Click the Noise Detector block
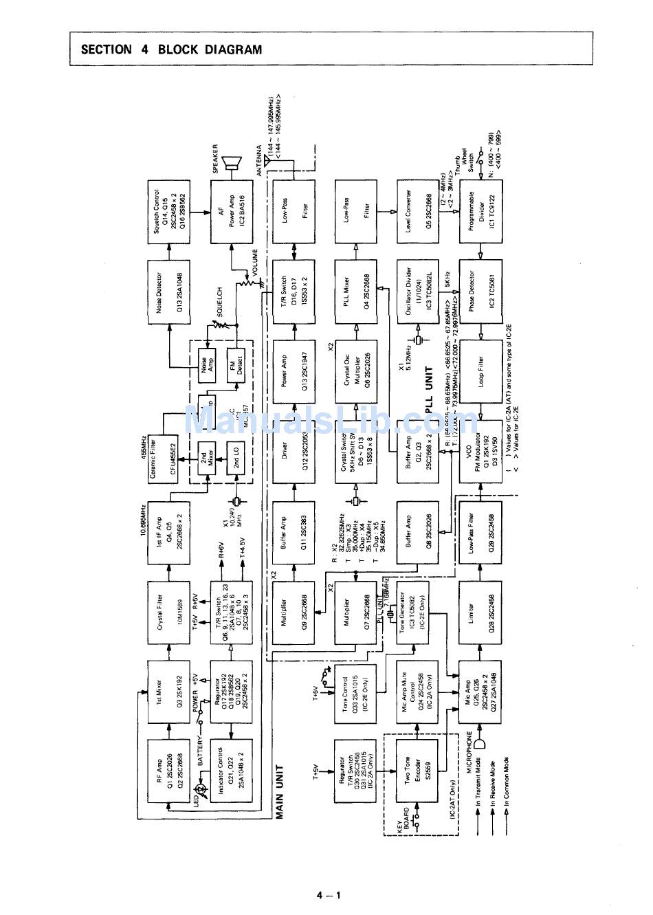coord(168,289)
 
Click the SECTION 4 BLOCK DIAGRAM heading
coord(171,49)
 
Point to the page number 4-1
coord(329,895)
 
